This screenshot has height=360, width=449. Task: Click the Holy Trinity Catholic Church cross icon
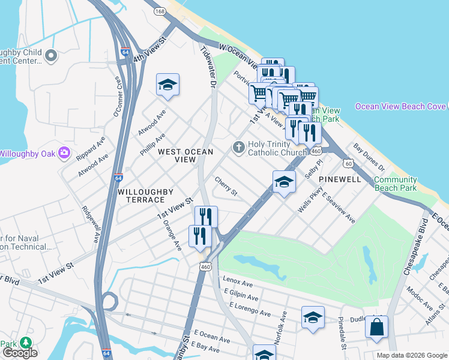pyautogui.click(x=238, y=147)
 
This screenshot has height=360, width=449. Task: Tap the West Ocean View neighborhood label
pyautogui.click(x=185, y=156)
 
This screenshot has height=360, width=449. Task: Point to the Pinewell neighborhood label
pyautogui.click(x=340, y=179)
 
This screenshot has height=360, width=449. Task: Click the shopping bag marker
pyautogui.click(x=376, y=328)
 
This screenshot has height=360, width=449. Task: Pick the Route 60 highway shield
pyautogui.click(x=348, y=163)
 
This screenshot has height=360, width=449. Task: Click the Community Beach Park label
pyautogui.click(x=395, y=184)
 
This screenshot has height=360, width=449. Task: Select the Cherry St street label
pyautogui.click(x=226, y=188)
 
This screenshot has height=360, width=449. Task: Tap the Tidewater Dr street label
pyautogui.click(x=207, y=68)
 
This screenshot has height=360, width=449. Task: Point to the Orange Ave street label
pyautogui.click(x=172, y=235)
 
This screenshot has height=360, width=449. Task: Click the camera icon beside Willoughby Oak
pyautogui.click(x=64, y=154)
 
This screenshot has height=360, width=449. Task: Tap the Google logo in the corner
pyautogui.click(x=20, y=353)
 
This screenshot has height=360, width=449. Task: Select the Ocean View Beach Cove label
pyautogui.click(x=400, y=107)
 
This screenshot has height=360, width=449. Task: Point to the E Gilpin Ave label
pyautogui.click(x=241, y=296)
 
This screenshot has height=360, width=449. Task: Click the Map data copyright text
pyautogui.click(x=412, y=355)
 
